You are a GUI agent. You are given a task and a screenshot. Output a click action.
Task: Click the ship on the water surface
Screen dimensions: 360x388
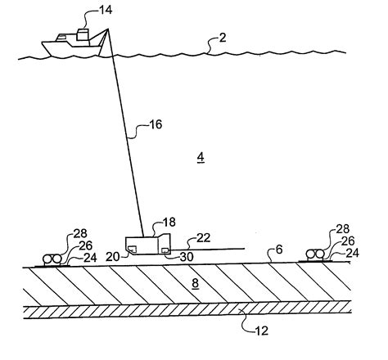point(73,45)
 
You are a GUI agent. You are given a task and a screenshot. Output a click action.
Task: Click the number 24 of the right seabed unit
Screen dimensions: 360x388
point(353,253)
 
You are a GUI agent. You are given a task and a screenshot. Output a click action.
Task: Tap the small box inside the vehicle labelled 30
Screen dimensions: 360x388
point(166,250)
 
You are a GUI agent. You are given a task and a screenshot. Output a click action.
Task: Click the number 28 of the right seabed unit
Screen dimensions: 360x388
point(344,230)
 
